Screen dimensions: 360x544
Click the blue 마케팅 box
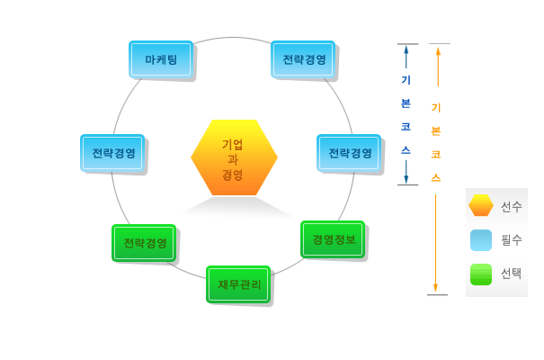click(x=161, y=59)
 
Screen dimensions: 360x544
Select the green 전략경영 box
click(x=144, y=243)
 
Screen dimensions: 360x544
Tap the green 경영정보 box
click(x=333, y=239)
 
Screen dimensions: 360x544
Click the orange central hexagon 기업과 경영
click(x=234, y=158)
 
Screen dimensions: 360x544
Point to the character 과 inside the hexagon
click(x=233, y=159)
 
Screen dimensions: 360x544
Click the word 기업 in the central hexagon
click(x=233, y=144)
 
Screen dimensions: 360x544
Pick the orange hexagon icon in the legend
click(x=481, y=206)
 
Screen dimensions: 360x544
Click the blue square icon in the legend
click(x=481, y=240)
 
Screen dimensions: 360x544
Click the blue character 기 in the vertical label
click(x=406, y=79)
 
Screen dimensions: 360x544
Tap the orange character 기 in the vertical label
click(x=436, y=108)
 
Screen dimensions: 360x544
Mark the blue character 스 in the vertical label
click(x=406, y=149)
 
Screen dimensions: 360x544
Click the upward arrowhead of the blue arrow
click(x=406, y=50)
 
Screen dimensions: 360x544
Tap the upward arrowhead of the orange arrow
click(x=437, y=50)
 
